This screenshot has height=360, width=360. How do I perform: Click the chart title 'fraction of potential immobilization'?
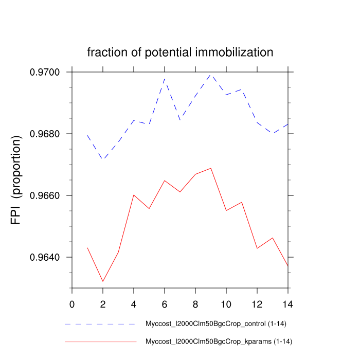(x=180, y=52)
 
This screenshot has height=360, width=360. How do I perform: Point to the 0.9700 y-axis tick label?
(x=47, y=73)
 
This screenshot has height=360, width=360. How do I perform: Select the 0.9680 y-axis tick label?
(x=47, y=134)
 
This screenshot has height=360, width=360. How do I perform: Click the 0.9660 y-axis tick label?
(x=47, y=196)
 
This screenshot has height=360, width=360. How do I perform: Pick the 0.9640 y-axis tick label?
(x=47, y=258)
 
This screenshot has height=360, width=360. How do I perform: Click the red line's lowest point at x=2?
(x=103, y=281)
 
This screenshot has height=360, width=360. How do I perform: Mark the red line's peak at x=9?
(x=211, y=168)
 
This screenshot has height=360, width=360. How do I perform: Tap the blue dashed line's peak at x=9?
(x=211, y=74)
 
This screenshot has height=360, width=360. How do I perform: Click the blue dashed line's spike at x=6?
(x=165, y=78)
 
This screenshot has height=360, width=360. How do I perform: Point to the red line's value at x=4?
(x=134, y=195)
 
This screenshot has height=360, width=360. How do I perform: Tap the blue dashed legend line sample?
(x=101, y=325)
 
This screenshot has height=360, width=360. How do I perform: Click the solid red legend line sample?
(x=101, y=341)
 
